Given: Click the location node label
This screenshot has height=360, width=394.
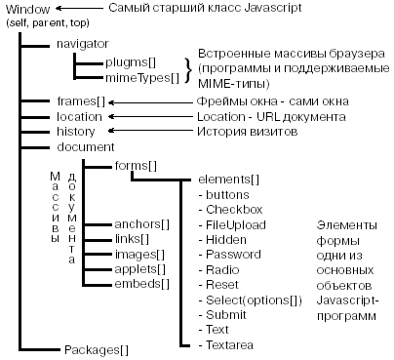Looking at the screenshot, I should tap(78, 116).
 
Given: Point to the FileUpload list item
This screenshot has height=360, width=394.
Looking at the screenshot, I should tap(235, 224).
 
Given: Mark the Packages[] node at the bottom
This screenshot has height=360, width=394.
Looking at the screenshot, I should tap(95, 348).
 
